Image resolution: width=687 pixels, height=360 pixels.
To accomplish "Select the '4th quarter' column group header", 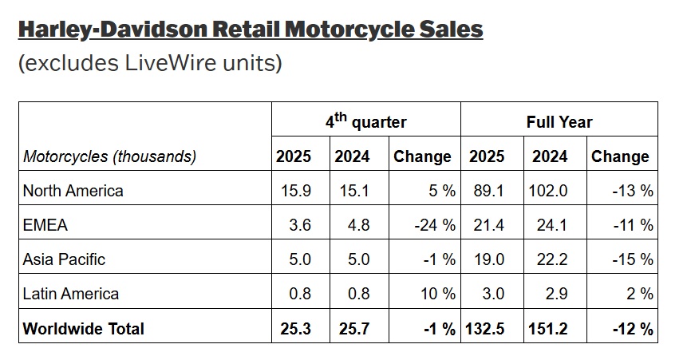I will [x=365, y=121].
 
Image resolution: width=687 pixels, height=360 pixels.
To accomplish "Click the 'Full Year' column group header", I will [x=559, y=122].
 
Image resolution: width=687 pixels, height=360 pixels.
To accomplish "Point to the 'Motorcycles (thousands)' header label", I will [x=109, y=156].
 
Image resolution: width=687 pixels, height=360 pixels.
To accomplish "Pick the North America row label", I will [x=73, y=191].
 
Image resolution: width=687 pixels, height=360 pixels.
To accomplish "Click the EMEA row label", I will [x=45, y=225].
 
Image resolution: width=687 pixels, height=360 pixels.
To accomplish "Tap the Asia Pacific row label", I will [x=64, y=259].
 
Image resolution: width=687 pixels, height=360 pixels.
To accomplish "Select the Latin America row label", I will [x=71, y=294].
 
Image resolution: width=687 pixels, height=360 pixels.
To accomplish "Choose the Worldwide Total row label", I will [x=84, y=328].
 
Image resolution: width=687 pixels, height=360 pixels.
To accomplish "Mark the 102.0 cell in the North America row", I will [x=547, y=191].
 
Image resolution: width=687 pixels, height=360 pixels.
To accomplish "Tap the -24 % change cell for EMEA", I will [x=435, y=225].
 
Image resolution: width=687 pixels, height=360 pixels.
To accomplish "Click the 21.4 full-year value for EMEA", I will [x=488, y=225].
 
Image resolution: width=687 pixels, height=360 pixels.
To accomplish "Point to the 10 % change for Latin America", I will [x=438, y=294].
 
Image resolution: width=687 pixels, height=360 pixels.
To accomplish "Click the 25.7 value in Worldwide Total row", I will [x=352, y=328].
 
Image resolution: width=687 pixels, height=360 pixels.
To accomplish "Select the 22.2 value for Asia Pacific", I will [x=551, y=259].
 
